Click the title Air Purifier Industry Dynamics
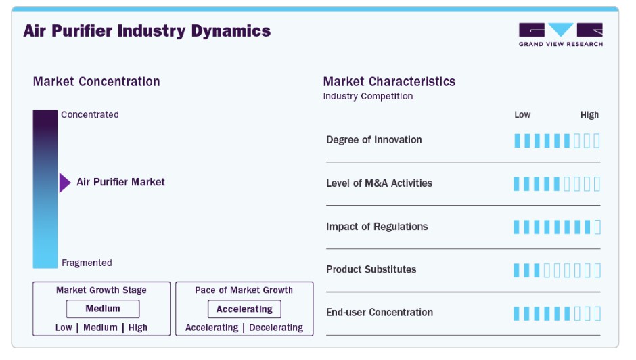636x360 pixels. click(147, 31)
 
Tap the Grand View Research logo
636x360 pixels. click(560, 35)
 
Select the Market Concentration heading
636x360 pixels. click(97, 82)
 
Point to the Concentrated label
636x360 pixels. click(90, 115)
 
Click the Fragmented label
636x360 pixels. click(87, 263)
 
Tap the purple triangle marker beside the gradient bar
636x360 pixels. click(64, 183)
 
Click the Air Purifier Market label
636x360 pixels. click(120, 182)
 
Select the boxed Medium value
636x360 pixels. click(103, 309)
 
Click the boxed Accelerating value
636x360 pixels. click(244, 309)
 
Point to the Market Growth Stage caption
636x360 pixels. click(101, 290)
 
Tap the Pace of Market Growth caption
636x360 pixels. click(244, 290)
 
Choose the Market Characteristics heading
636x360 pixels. click(389, 82)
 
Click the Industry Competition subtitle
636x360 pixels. click(368, 97)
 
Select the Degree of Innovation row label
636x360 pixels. click(373, 140)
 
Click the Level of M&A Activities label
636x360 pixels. click(379, 183)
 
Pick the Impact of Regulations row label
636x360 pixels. click(377, 227)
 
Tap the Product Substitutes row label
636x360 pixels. click(371, 269)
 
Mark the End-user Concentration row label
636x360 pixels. click(379, 313)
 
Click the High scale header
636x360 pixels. click(589, 115)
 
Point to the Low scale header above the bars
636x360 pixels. click(522, 115)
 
